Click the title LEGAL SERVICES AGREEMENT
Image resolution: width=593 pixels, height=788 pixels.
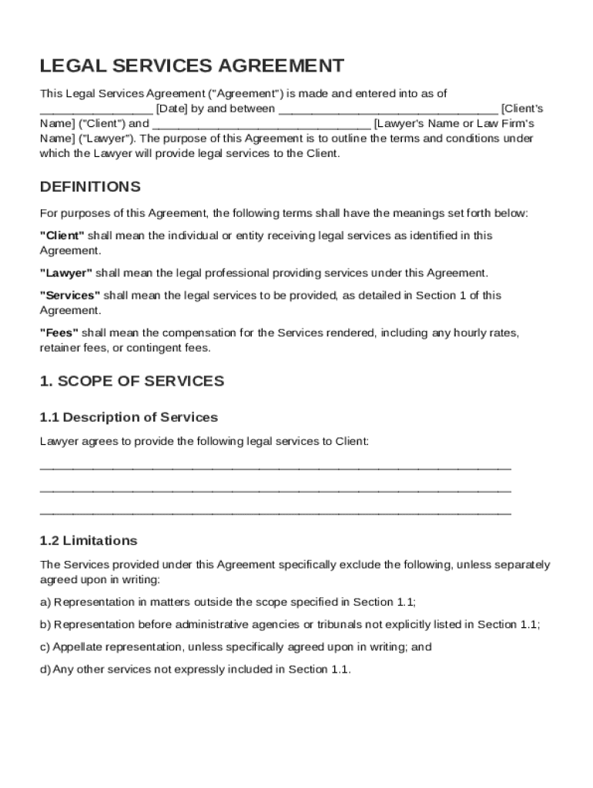[x=192, y=66]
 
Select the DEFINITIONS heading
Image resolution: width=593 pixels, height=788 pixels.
[x=90, y=187]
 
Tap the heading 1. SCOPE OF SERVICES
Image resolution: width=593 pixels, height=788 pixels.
[x=132, y=381]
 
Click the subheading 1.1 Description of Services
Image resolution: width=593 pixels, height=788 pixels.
[x=129, y=417]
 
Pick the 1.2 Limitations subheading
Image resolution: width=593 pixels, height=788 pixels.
[x=89, y=540]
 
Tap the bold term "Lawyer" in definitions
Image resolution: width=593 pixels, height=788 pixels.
[x=66, y=273]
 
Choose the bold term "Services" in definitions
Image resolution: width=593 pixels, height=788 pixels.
[x=70, y=295]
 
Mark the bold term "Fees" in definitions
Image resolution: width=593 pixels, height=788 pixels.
[x=59, y=332]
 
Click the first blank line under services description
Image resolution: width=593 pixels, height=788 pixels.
[x=275, y=468]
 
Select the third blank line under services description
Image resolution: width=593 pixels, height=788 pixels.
[x=275, y=513]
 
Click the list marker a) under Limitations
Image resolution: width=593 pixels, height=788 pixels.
[x=45, y=602]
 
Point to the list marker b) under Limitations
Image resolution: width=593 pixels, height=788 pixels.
[x=45, y=624]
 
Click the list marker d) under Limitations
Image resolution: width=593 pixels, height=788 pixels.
[x=45, y=669]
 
